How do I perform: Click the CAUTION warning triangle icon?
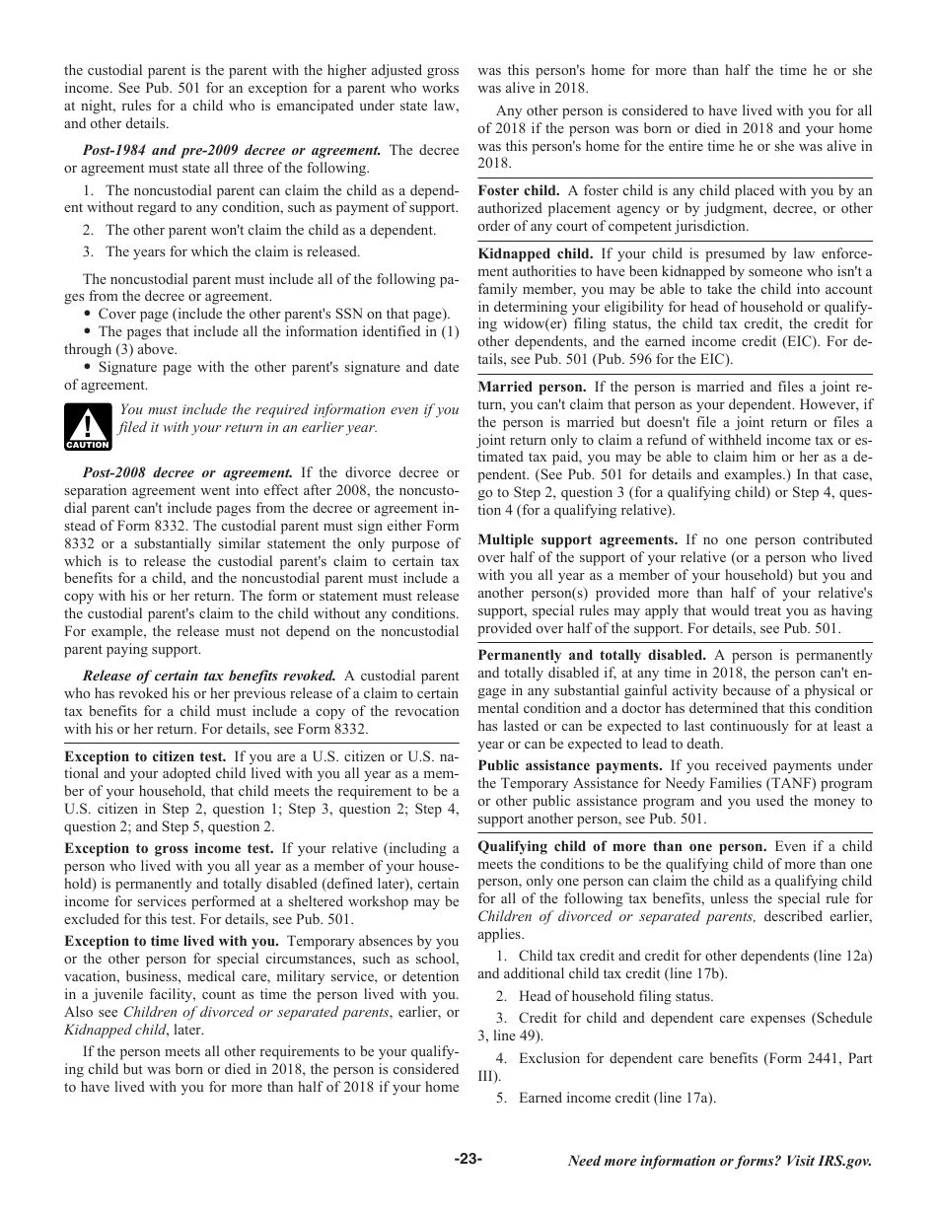[x=88, y=426]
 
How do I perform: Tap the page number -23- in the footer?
[x=468, y=1160]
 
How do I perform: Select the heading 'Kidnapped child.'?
[x=536, y=253]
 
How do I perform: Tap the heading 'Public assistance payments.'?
[x=570, y=765]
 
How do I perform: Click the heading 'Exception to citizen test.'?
[x=145, y=757]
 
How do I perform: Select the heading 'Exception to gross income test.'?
[x=169, y=848]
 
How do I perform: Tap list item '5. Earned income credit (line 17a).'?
[x=606, y=1097]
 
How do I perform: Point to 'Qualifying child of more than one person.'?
[x=622, y=846]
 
